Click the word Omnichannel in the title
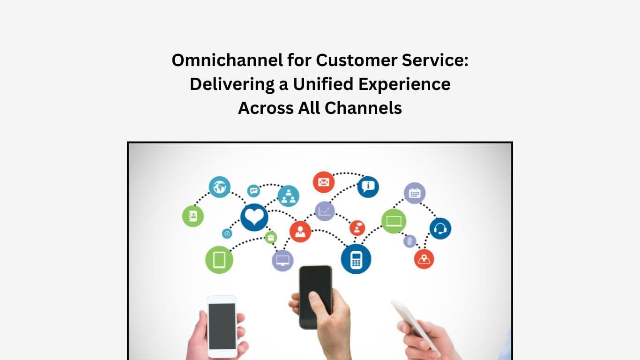coord(227,60)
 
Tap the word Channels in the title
coord(363,108)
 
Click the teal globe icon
coord(219,187)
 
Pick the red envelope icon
coord(324,182)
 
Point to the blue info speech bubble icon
coord(368,187)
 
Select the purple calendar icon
coord(415,193)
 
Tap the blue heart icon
coord(254,217)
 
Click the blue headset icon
coord(440,228)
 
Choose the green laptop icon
coord(394,221)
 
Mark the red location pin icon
coord(424,259)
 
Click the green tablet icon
coord(219,260)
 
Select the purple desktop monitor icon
coord(283,261)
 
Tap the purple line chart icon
coord(325,211)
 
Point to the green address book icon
coord(193,216)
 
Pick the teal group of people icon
coord(288,196)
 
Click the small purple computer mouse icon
coord(409,241)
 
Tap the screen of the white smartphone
coord(222,326)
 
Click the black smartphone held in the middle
coord(315,297)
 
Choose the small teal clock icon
coord(227,233)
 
